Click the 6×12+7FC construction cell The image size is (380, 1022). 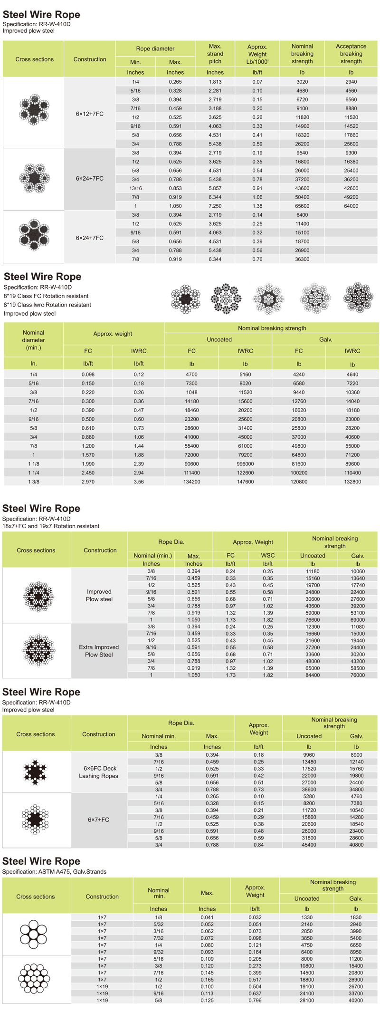pos(90,114)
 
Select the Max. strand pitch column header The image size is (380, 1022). pos(215,54)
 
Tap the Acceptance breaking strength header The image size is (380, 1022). pos(351,54)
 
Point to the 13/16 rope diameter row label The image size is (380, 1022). pos(135,188)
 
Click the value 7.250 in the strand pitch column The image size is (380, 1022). pos(215,206)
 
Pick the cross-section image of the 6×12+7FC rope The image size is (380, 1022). pos(34,110)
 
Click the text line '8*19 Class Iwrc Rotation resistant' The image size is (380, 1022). pos(47,305)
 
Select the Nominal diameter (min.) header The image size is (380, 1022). pos(33,340)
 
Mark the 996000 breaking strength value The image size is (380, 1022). pos(245,464)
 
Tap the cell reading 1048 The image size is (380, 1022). pos(191,393)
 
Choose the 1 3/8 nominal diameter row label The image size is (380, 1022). pos(33,482)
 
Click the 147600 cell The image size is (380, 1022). pos(245,482)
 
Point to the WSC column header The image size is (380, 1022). pos(268,555)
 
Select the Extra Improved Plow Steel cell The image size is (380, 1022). pos(99,651)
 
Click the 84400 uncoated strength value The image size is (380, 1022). pos(313,675)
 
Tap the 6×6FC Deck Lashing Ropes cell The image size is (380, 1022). pos(99,772)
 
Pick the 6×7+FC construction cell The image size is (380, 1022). pos(99,820)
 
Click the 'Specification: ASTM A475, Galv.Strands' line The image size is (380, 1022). pos(54,872)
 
